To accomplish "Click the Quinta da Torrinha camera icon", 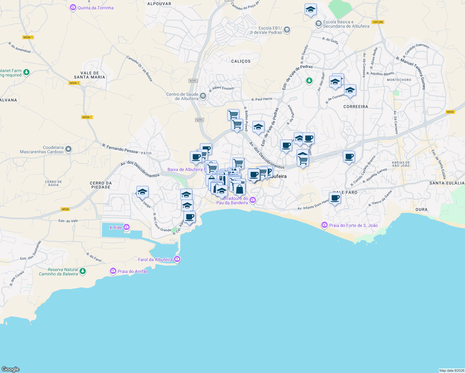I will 73,7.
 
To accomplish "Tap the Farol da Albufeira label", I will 155,260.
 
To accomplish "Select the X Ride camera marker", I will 127,227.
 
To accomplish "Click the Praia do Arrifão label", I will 133,271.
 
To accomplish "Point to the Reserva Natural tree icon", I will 82,271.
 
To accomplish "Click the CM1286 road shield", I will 378,22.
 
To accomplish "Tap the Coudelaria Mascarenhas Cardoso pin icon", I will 68,150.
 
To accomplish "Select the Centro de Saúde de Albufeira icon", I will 203,96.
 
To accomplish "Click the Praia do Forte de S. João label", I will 353,225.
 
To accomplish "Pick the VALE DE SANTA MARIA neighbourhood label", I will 90,75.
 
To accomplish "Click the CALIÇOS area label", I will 241,61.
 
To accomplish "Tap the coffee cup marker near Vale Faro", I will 335,198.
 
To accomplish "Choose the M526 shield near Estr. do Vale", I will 65,209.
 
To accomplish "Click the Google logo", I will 11,369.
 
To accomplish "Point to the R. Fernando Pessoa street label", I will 120,148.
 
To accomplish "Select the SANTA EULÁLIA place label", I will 447,183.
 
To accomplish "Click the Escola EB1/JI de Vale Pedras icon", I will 287,30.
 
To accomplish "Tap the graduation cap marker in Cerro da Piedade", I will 142,191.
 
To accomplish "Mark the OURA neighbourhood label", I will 421,210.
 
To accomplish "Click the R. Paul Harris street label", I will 262,99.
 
